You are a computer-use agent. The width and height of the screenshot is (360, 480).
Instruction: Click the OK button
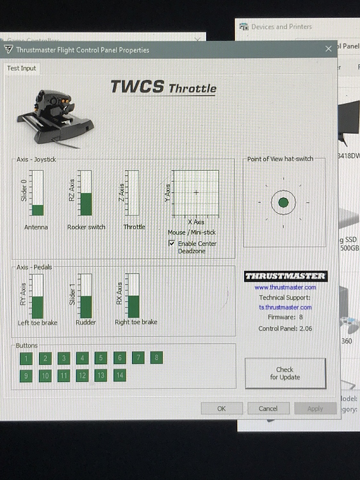[x=222, y=408]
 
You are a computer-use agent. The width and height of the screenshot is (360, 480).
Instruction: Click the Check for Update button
[x=285, y=373]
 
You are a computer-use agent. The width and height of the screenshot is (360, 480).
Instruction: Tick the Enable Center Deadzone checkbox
[x=172, y=244]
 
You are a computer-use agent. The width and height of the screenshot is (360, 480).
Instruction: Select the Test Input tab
[x=21, y=68]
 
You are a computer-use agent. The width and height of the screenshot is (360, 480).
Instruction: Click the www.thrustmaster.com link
[x=285, y=287]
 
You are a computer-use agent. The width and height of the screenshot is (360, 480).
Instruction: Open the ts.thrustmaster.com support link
[x=284, y=307]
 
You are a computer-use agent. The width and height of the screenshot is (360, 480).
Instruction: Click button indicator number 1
[x=26, y=358]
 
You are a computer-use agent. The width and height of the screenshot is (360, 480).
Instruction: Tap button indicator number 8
[x=156, y=358]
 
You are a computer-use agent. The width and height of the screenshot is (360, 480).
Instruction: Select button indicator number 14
[x=119, y=376]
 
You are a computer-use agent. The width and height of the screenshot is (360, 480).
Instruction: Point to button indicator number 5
[x=101, y=358]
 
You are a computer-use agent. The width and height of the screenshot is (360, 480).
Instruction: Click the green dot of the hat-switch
[x=284, y=203]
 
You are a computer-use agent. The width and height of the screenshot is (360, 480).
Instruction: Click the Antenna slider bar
[x=37, y=193]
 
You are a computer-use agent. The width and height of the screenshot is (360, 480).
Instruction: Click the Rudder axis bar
[x=85, y=296]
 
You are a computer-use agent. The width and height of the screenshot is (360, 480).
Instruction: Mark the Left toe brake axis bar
[x=37, y=296]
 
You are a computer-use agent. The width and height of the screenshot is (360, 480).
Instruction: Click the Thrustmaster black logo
[x=286, y=276]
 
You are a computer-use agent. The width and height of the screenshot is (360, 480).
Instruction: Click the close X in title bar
[x=329, y=49]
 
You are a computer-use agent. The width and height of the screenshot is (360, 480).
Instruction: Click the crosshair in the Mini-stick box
[x=196, y=192]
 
